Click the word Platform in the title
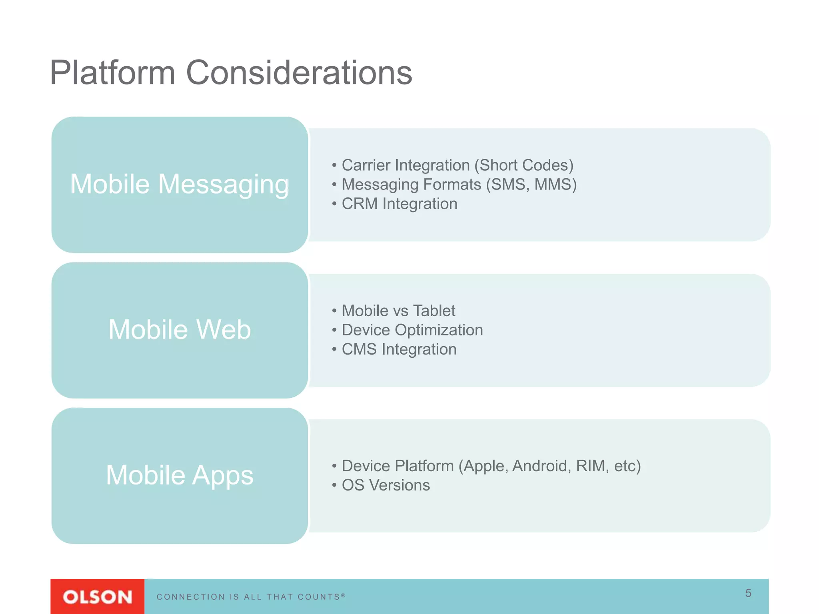coord(112,73)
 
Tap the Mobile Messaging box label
coord(180,184)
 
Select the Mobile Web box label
coord(180,330)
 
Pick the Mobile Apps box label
coord(180,475)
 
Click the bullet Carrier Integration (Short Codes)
coord(457,165)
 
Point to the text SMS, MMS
coord(532,185)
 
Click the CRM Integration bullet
coord(399,204)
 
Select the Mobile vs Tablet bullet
coord(398,311)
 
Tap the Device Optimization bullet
coord(412,330)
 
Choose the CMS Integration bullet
coord(399,349)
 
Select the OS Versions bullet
coord(386,485)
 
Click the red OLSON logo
coord(97,597)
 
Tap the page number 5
coord(748,593)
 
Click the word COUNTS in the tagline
coord(319,597)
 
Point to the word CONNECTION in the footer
coord(191,597)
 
